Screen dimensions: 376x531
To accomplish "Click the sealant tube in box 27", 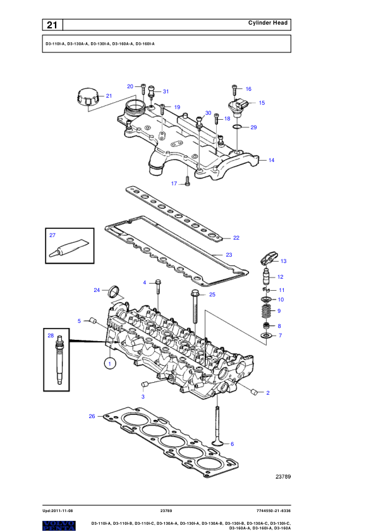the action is coord(70,247).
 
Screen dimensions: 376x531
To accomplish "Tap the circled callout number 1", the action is coord(109,364).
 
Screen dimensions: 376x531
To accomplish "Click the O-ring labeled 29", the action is coord(238,127).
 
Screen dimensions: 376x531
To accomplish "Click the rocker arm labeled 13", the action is coord(269,260).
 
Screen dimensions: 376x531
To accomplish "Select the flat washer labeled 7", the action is coord(267,336).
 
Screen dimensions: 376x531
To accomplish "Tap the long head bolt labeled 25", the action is coord(195,306).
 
